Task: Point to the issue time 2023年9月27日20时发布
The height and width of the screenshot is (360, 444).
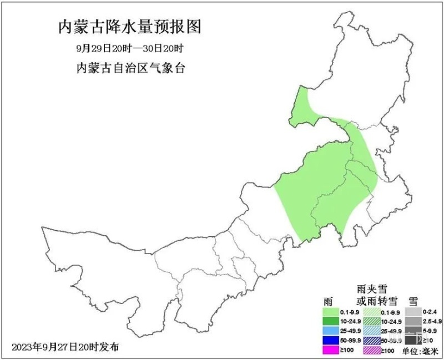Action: [65, 347]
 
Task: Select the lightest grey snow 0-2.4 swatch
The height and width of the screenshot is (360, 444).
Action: [412, 312]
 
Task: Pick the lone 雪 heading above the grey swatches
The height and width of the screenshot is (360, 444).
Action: [413, 301]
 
